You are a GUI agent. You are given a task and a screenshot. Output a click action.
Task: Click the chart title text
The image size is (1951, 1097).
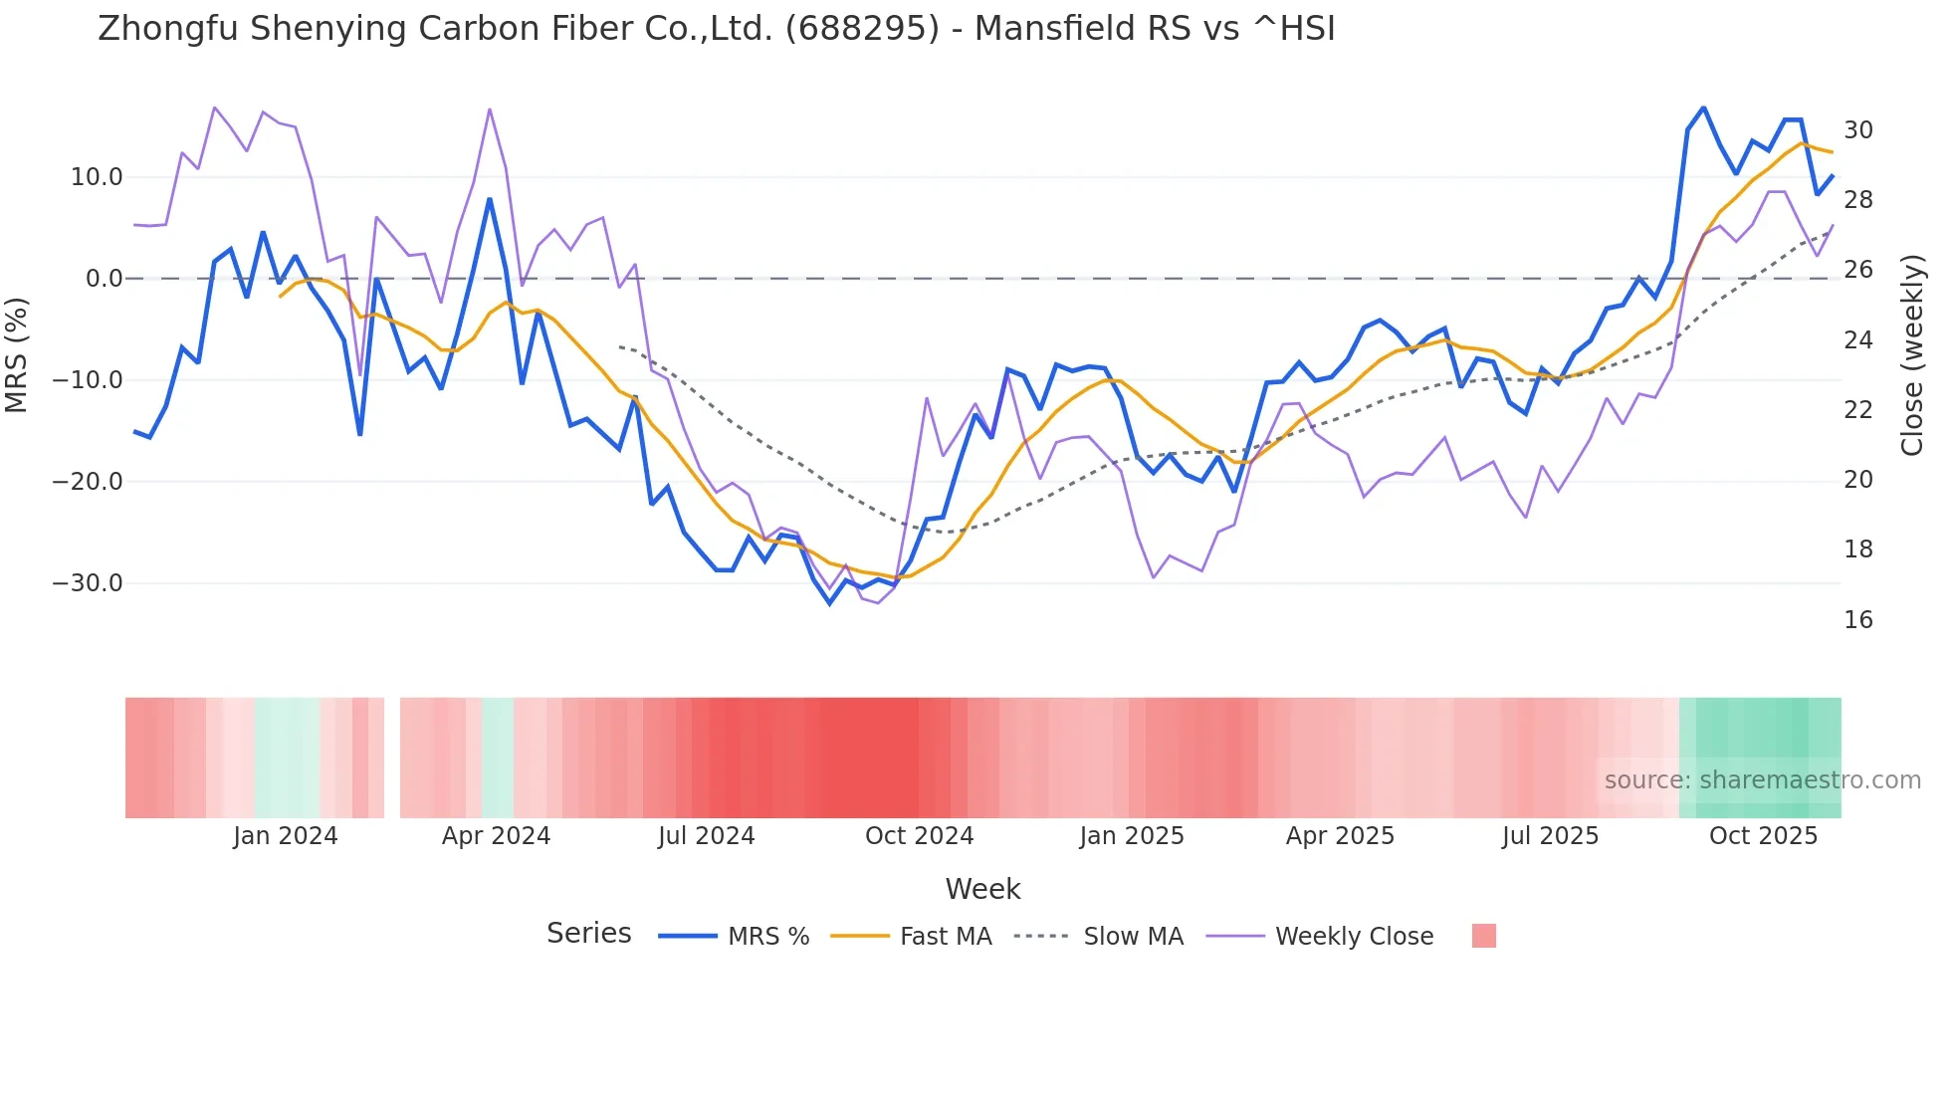point(716,29)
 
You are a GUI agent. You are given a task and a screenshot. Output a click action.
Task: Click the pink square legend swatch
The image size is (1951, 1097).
point(1483,937)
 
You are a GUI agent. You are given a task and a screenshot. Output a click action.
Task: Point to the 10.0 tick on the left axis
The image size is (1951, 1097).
point(97,177)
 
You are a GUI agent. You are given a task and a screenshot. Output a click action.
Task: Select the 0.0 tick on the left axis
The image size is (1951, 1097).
point(104,279)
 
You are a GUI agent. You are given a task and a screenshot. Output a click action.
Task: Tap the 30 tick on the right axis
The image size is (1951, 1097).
point(1858,130)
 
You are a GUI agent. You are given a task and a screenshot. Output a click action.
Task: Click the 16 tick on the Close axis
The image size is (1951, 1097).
point(1858,620)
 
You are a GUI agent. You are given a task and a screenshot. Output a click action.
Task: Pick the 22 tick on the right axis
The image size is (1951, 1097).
point(1858,410)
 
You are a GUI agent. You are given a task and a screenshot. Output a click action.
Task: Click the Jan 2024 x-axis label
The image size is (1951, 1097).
point(286,836)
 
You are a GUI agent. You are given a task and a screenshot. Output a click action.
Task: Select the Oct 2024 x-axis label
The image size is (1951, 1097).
point(919,836)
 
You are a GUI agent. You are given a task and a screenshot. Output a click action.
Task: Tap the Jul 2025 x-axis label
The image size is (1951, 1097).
point(1550,836)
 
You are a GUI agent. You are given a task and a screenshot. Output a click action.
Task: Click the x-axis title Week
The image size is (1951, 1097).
point(982,889)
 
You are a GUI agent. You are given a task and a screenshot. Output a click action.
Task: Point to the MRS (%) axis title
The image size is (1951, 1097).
point(17,354)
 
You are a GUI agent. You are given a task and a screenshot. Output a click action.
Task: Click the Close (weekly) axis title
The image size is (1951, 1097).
point(1912,354)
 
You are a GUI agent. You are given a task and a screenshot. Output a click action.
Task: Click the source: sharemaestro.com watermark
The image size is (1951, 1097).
point(1762,780)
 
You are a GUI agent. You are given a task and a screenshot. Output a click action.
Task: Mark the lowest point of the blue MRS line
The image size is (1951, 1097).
point(830,603)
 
